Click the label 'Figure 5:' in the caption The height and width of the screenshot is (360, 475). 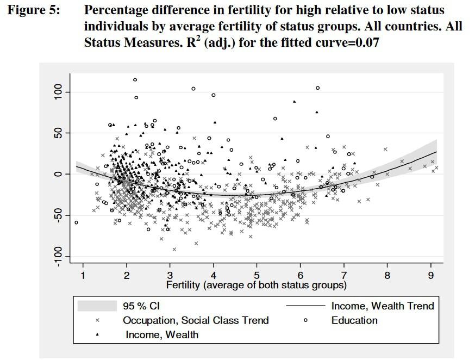(33, 10)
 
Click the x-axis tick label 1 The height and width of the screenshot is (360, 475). (83, 276)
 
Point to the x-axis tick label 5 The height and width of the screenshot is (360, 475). (257, 276)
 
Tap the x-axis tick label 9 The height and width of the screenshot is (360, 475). (431, 276)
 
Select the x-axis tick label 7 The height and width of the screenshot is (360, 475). (344, 276)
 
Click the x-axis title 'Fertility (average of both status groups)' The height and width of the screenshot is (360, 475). (257, 284)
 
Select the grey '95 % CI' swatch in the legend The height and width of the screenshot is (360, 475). (97, 306)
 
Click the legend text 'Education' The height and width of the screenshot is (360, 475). (354, 320)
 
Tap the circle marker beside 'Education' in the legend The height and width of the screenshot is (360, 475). (305, 321)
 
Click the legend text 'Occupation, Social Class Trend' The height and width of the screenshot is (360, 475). (196, 320)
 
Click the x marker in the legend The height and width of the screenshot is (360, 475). (97, 321)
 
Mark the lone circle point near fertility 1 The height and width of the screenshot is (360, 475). (77, 222)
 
